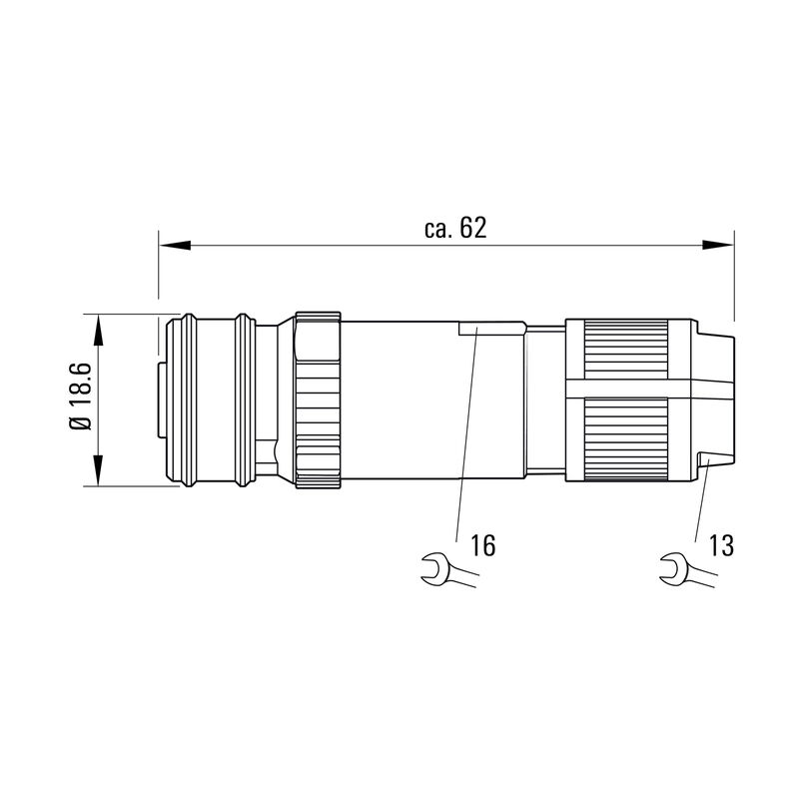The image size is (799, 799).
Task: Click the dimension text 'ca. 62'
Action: [454, 229]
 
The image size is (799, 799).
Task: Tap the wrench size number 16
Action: [482, 545]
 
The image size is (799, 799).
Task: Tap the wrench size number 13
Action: [721, 545]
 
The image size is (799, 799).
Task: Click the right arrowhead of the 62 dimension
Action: [719, 244]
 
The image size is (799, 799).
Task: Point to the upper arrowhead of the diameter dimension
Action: [99, 330]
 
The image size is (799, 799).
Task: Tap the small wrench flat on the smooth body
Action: [490, 327]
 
